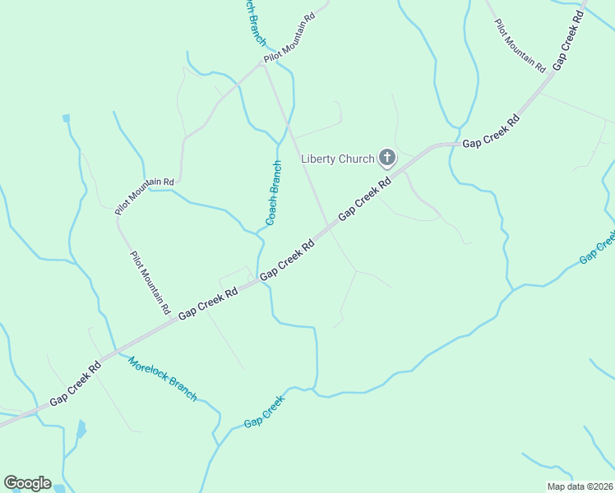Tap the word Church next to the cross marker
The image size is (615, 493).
(358, 159)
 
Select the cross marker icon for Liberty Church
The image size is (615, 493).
(386, 158)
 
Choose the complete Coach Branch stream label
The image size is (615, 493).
(274, 192)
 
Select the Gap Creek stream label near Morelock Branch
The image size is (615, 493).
(264, 412)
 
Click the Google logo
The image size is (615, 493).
(27, 482)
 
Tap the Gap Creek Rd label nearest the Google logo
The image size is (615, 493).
(75, 383)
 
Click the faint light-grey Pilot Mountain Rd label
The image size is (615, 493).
(520, 44)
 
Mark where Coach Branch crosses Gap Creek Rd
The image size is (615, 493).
(261, 275)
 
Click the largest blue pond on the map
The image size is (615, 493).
(81, 429)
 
